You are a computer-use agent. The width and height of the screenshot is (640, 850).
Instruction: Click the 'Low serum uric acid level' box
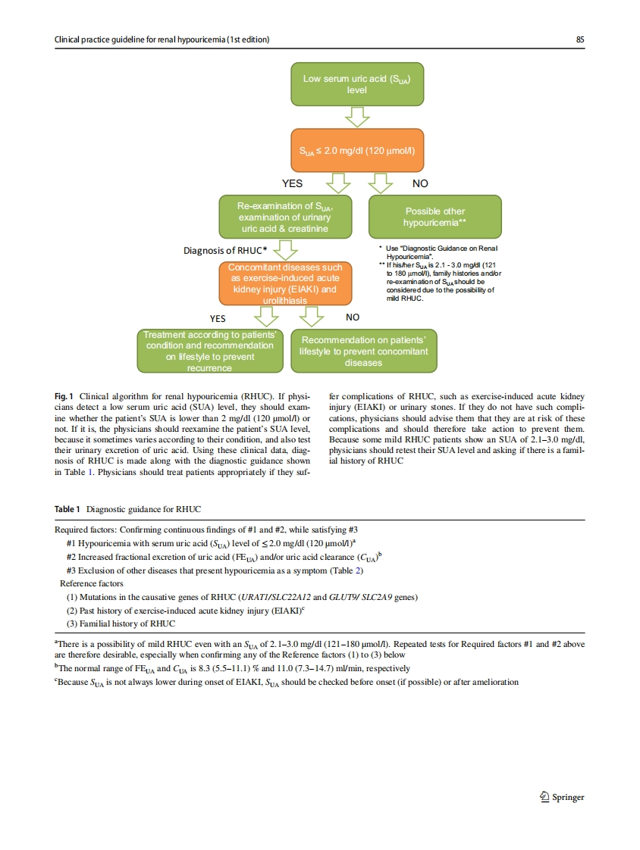(356, 84)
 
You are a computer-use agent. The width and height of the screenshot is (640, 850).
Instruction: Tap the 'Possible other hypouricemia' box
(435, 217)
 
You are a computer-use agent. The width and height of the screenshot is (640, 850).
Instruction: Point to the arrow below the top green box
(356, 117)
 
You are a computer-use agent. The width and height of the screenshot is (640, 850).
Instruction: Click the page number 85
(579, 39)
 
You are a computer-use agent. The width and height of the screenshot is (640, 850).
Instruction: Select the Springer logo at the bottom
(560, 796)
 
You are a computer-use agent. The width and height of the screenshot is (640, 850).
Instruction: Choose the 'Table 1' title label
(69, 508)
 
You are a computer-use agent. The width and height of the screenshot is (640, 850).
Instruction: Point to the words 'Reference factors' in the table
(91, 583)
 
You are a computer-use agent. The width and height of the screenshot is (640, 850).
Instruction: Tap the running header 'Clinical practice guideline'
(162, 39)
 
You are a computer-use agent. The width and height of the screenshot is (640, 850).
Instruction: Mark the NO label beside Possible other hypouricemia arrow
(419, 183)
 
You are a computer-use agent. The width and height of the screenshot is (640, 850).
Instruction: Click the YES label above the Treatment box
(217, 318)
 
